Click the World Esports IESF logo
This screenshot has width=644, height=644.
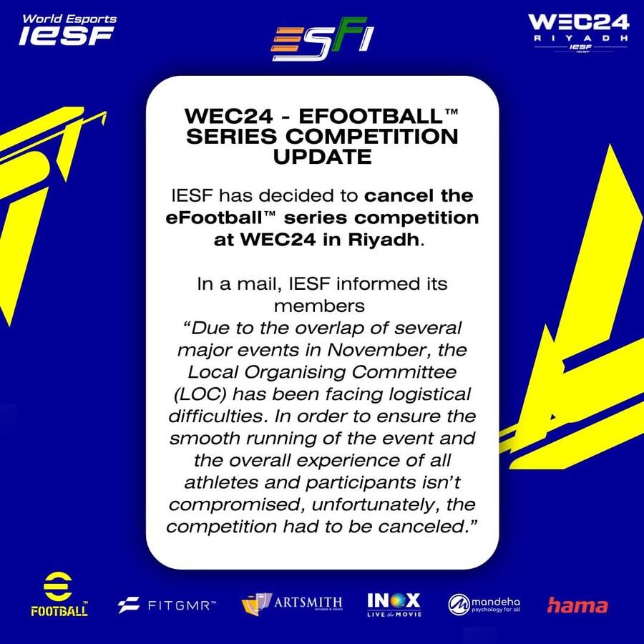tap(67, 30)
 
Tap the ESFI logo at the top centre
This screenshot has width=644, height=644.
tap(322, 36)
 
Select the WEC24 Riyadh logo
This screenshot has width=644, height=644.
tap(578, 32)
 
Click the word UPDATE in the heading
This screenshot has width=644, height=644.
tap(322, 157)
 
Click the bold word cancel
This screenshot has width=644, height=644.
tap(392, 195)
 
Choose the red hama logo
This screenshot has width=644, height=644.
tap(577, 605)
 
